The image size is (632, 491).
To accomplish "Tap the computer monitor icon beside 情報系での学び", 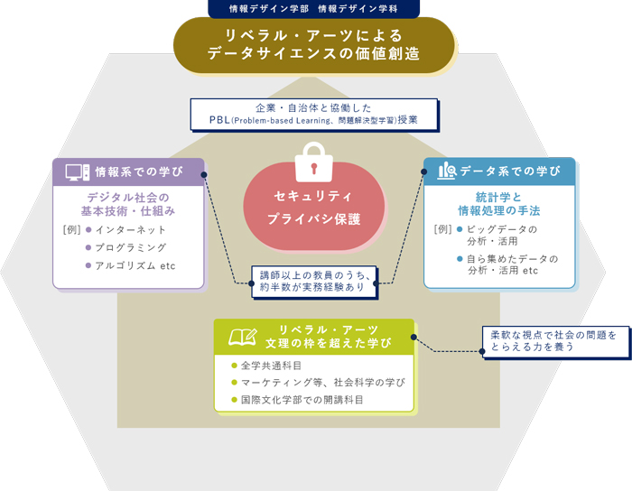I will tap(77, 171).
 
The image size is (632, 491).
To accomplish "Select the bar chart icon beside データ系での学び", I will tap(446, 171).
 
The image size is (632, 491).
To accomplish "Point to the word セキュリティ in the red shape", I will tap(314, 196).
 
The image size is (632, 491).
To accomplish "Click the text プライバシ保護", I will tap(314, 219).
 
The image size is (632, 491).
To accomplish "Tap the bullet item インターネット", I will tap(130, 229).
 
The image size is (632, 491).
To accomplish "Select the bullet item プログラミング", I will tap(130, 247).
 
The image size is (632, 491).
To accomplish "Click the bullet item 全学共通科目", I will tap(271, 366).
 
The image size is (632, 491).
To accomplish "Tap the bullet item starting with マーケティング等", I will tap(321, 383).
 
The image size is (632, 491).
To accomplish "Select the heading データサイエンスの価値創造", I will tap(313, 54).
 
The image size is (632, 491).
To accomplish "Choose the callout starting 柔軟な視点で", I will tap(553, 340).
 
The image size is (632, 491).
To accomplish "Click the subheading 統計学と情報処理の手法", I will tap(498, 204).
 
